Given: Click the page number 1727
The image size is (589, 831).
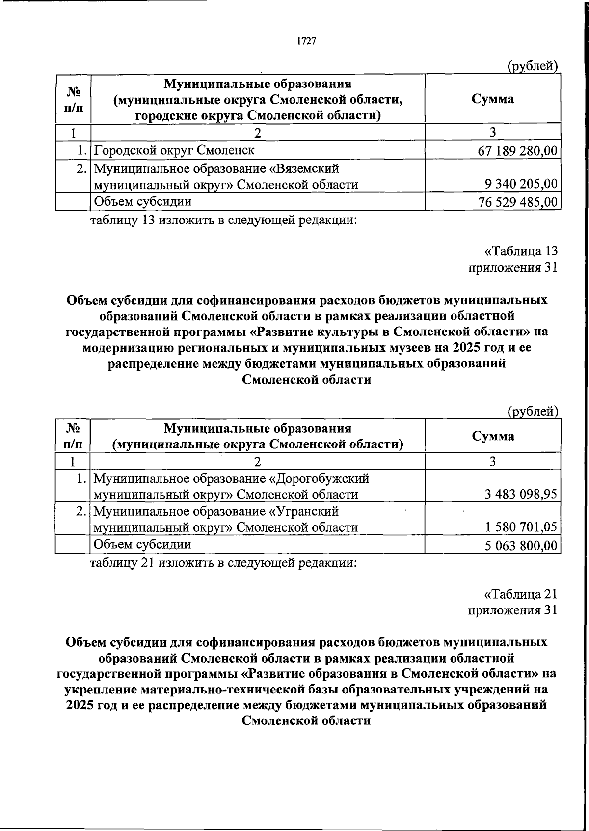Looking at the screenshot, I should pos(306,41).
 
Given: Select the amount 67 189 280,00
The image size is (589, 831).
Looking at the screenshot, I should pos(517,151).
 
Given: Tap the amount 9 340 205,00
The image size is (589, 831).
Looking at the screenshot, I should pos(521,184).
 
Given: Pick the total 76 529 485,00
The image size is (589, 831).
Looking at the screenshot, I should pos(517,202).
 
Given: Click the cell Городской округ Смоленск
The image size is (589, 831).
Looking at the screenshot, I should pos(174,150).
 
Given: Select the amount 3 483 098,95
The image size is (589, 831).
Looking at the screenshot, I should pos(521,494).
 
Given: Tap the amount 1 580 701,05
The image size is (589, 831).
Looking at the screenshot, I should pos(521,527).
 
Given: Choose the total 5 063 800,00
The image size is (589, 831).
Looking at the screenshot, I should pos(521,545).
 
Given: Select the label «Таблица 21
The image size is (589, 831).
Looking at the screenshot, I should pos(521,594).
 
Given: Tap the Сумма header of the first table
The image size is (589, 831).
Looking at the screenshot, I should pos(492,99).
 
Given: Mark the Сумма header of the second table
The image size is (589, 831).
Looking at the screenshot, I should pos(492,436).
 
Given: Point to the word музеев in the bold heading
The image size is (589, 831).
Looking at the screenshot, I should pos(412,348).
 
